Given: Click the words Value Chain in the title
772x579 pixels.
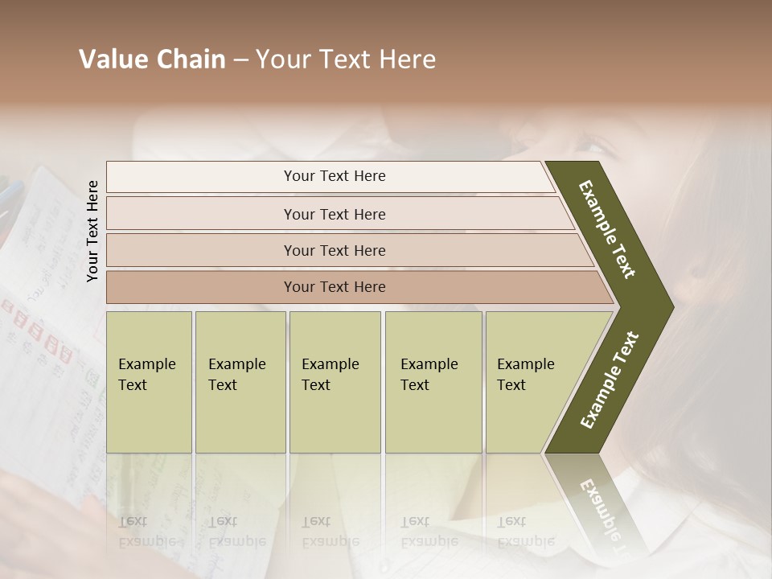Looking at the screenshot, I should pos(152,60).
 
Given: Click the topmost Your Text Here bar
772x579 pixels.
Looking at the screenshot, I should pos(334,176).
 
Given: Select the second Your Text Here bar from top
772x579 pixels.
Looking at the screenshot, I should pos(334,214).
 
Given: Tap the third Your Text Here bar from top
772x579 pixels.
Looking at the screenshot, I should pos(334,250).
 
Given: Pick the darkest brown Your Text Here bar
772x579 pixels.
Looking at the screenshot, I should pos(334,287).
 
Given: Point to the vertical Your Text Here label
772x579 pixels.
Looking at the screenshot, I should pos(92,231).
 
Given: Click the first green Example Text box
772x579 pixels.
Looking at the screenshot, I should pos(149,381).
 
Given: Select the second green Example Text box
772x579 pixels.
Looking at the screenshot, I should pos(240,381).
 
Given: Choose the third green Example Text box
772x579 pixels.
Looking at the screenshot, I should pos(334,381).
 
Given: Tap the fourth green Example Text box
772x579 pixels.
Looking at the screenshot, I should pos(433,381).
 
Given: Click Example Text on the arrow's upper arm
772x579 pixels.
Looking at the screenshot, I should pos(607,229).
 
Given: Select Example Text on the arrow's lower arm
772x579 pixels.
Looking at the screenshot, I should pos(609,380).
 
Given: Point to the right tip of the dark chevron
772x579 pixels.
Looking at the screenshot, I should pos(671,306).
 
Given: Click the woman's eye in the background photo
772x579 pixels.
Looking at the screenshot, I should pos(594,146).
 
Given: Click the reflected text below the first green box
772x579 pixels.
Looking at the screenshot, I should pos(147,532).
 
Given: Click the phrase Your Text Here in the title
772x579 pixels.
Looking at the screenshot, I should pos(346,60).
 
